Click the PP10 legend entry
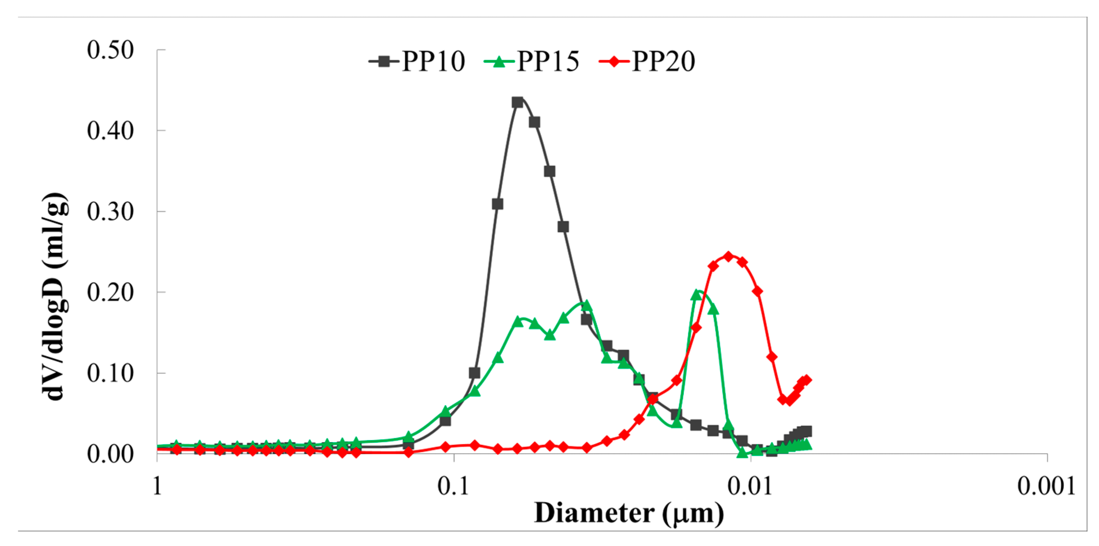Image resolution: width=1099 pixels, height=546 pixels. pos(417,61)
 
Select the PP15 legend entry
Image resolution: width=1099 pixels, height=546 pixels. pos(532,61)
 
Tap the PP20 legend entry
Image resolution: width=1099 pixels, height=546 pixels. pos(647,61)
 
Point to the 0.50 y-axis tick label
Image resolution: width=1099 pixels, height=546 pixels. pos(110,50)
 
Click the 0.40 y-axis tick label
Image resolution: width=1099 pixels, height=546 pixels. pos(110,131)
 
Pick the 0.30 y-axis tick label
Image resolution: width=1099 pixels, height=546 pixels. pos(110,211)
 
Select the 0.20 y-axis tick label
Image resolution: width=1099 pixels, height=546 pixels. pos(110,293)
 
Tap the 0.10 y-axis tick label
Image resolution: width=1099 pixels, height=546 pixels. pos(110,373)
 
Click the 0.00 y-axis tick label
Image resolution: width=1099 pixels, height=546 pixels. pos(110,454)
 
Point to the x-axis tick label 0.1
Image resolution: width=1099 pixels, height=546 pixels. pos(453,486)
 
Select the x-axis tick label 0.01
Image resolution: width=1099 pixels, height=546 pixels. pos(750,486)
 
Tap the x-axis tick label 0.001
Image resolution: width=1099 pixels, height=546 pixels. pos(1046,486)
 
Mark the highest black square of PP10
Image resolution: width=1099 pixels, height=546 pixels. pos(518,103)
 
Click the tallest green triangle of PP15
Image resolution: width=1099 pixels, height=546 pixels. pos(697,295)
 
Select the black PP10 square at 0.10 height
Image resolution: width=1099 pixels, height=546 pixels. pos(474,373)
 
